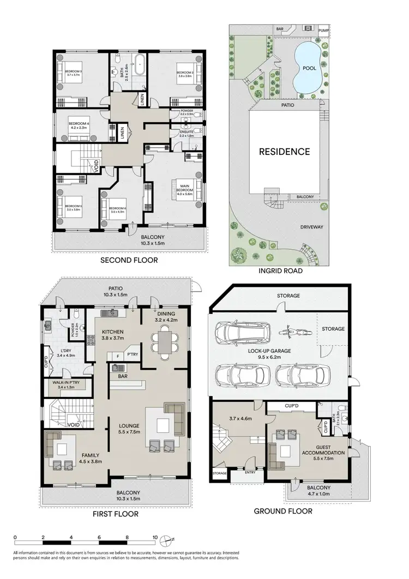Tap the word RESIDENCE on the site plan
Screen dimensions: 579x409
coord(284,152)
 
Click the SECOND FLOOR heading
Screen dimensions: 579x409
coord(129,260)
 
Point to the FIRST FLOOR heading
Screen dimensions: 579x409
coord(116,514)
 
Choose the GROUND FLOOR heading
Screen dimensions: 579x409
coord(283,511)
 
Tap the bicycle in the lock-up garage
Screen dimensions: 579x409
coord(290,331)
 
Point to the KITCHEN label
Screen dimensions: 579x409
coord(112,331)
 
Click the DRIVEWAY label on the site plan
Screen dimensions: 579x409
coord(315,227)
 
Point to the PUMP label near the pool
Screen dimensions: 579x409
coord(324,31)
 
